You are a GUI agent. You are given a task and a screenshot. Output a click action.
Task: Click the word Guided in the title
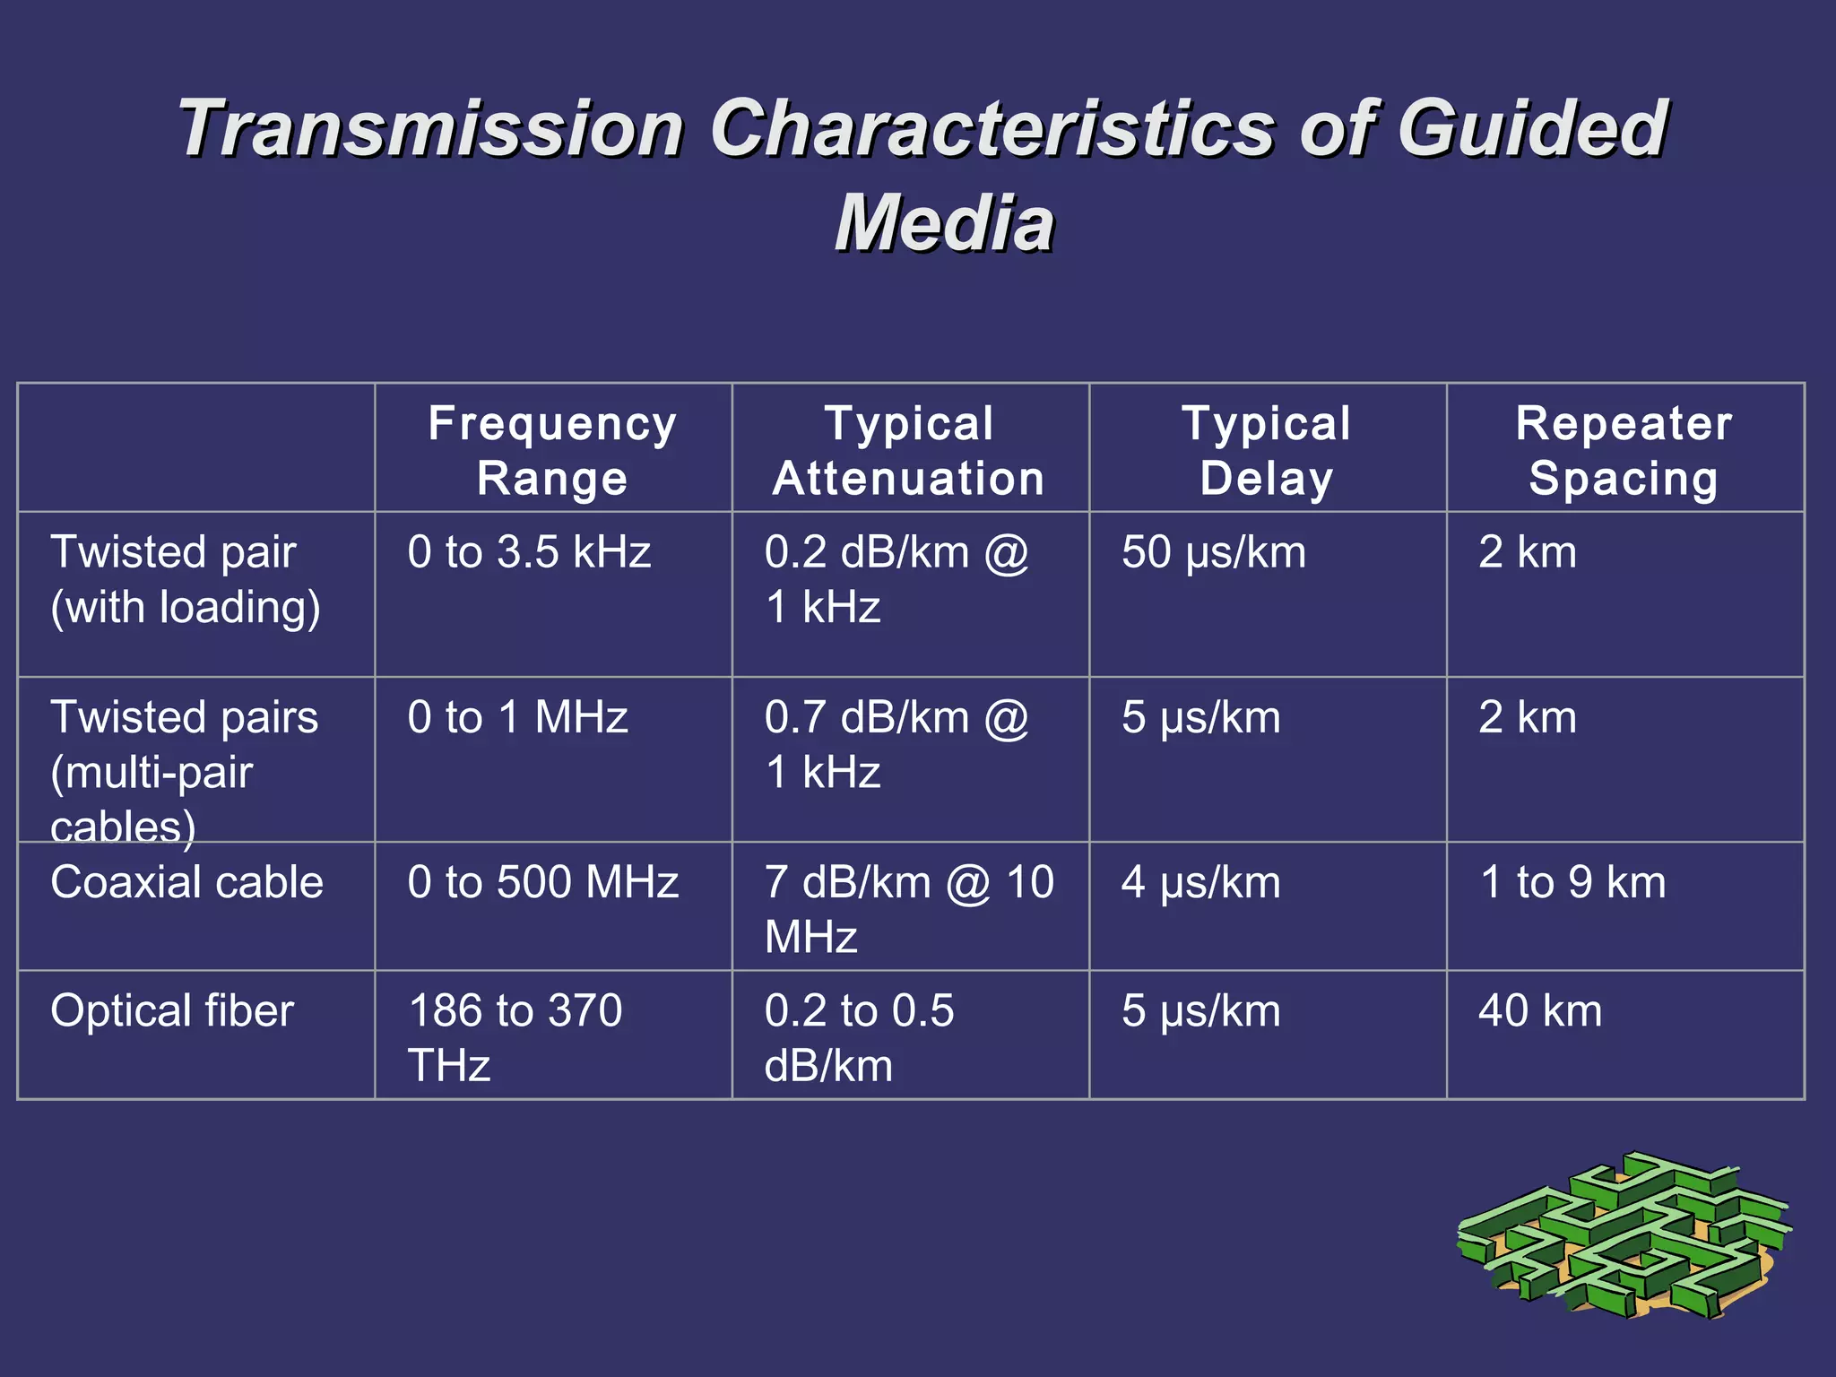[x=1532, y=128]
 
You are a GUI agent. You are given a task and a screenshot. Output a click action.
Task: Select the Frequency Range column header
[x=552, y=450]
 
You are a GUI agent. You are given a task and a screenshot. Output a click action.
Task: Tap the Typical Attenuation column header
[x=909, y=450]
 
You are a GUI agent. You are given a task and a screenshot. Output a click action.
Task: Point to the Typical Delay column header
[x=1266, y=450]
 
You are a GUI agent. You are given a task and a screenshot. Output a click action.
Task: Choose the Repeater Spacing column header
[x=1624, y=450]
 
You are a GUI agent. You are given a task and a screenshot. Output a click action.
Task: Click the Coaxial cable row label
[x=186, y=882]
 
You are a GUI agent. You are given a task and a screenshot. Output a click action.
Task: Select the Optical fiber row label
[x=172, y=1010]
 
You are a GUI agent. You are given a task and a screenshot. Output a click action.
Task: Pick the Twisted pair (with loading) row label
[x=185, y=579]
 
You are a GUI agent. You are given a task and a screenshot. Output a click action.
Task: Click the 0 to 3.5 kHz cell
[x=529, y=552]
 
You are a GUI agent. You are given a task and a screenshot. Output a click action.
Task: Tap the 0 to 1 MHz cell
[x=517, y=717]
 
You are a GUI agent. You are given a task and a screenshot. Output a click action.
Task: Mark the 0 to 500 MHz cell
[x=542, y=882]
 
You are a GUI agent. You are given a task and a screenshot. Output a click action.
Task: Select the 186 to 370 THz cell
[x=515, y=1037]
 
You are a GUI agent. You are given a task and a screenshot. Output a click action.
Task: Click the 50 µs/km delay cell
[x=1214, y=552]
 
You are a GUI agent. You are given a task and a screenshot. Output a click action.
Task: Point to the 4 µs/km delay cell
[x=1201, y=882]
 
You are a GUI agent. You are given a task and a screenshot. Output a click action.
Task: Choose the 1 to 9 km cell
[x=1572, y=882]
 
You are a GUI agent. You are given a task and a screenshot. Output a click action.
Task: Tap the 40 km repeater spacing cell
[x=1540, y=1010]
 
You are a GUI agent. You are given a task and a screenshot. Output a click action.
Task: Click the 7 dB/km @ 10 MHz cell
[x=908, y=909]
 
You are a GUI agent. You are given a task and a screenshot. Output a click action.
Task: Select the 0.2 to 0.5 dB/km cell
[x=859, y=1037]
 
